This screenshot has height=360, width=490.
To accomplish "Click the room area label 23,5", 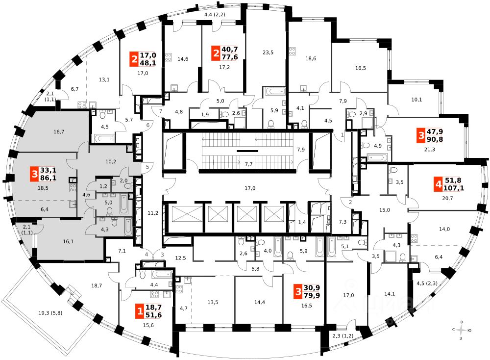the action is [x=267, y=52].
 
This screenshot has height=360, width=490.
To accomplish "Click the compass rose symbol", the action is [x=460, y=331].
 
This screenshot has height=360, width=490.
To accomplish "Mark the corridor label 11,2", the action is [x=153, y=213].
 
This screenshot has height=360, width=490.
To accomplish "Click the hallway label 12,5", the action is [x=181, y=258].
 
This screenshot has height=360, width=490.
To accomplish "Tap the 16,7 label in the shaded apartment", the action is [x=59, y=132].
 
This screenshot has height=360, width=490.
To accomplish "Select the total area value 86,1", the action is [x=49, y=178].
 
